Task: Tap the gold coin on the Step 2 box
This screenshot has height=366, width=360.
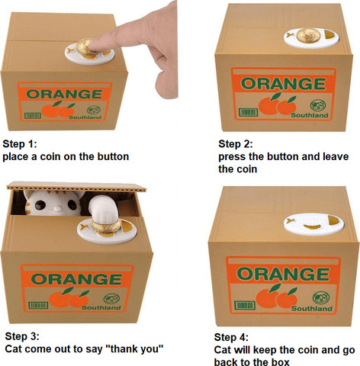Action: pyautogui.click(x=308, y=35)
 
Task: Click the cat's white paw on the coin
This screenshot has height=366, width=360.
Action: pyautogui.click(x=103, y=209)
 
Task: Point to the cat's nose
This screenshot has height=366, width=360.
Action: pyautogui.click(x=58, y=209)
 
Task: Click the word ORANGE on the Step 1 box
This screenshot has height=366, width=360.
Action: pyautogui.click(x=64, y=95)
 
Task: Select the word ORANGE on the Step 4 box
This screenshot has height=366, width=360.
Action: pyautogui.click(x=283, y=274)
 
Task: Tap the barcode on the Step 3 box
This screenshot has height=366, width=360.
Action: pyautogui.click(x=38, y=305)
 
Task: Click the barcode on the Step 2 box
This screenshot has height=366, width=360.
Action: pyautogui.click(x=248, y=112)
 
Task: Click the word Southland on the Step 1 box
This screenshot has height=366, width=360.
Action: pyautogui.click(x=85, y=117)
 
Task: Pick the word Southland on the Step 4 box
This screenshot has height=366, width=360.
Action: pyautogui.click(x=312, y=309)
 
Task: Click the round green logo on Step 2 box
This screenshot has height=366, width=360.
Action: pyautogui.click(x=318, y=105)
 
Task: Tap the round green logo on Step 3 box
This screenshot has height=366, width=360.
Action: pyautogui.click(x=111, y=299)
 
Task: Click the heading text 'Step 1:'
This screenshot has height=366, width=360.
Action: pyautogui.click(x=20, y=144)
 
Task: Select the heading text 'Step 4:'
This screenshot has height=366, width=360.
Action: pyautogui.click(x=231, y=337)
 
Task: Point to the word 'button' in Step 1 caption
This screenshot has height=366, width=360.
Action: pyautogui.click(x=113, y=156)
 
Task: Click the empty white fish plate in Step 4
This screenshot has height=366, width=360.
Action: pyautogui.click(x=313, y=224)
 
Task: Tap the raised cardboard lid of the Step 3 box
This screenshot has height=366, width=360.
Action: pyautogui.click(x=76, y=187)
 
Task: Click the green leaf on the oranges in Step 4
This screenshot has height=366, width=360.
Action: pyautogui.click(x=275, y=288)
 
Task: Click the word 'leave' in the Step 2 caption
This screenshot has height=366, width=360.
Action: pyautogui.click(x=336, y=156)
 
